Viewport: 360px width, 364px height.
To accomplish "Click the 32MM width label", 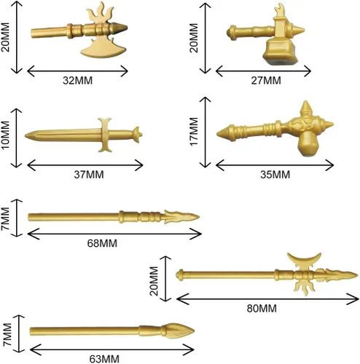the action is coord(77,80).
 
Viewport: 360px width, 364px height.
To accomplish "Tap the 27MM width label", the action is coord(266,80).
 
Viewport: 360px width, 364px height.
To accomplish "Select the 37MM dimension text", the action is coord(89,175).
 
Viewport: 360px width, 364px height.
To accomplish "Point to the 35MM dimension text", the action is coord(275,175).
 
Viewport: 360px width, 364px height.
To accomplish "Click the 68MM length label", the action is coord(102,243).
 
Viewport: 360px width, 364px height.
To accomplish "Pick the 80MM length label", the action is coord(262,309).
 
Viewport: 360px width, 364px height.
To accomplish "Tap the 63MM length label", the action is coord(104,359).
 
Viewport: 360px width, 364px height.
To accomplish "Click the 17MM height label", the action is coord(194,132).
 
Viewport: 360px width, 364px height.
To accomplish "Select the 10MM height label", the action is coord(6,135).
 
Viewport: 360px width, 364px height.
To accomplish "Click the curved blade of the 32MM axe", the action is coord(103,50).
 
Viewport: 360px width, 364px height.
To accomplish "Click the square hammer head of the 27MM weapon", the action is coord(280,52).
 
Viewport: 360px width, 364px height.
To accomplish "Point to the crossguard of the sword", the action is coord(105,135).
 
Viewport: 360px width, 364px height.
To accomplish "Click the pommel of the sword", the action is coord(137,135).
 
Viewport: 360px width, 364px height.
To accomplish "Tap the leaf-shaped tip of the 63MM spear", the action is coord(178,331).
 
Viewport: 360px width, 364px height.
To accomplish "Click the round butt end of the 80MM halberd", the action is coord(180,275).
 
